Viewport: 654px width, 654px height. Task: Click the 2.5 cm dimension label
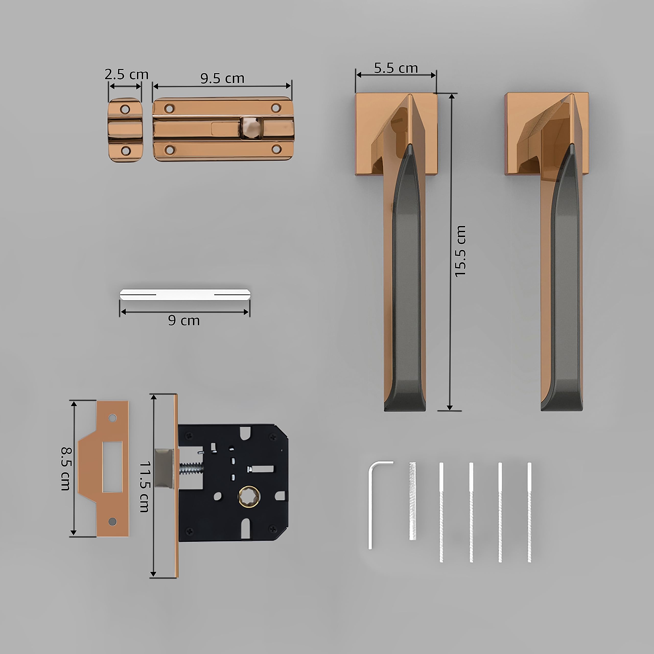coord(126,75)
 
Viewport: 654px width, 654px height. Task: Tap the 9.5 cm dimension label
coord(222,78)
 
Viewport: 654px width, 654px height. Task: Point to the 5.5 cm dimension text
coord(396,68)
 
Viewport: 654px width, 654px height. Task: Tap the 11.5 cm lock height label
coord(145,487)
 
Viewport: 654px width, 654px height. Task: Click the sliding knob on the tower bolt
coord(251,128)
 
